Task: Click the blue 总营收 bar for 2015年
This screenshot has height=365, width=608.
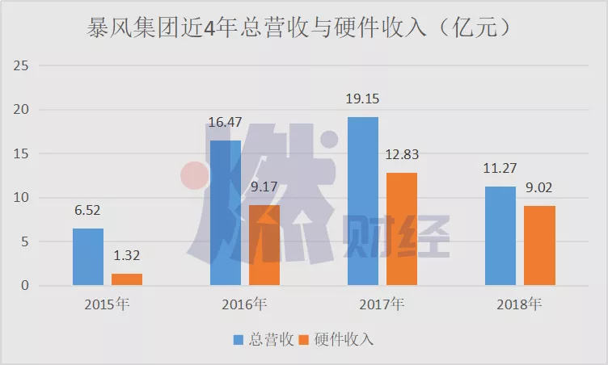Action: point(88,257)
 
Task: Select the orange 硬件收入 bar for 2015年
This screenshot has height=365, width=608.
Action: point(127,279)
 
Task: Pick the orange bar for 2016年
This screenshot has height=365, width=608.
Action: point(264,245)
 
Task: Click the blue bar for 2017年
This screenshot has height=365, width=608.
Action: point(363,201)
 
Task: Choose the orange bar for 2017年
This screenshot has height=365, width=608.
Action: point(402,229)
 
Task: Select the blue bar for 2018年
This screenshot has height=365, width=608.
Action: point(500,236)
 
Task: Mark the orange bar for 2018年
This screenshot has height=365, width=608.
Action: point(539,245)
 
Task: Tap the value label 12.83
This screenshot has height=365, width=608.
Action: point(402,155)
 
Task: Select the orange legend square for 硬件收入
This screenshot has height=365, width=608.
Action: point(304,339)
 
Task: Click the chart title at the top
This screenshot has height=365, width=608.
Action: point(299,29)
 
